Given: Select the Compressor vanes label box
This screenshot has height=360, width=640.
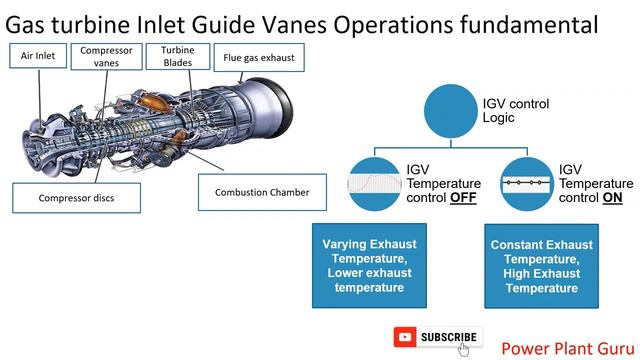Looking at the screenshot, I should (x=106, y=58).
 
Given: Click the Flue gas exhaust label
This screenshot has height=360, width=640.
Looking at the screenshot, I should (x=259, y=58).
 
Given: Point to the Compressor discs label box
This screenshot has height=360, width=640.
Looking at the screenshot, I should (x=76, y=197).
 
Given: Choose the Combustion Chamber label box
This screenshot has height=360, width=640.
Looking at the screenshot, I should (x=262, y=192).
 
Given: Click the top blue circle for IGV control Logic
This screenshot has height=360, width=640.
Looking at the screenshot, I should (x=460, y=111).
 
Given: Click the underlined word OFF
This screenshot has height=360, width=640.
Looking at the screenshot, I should (x=463, y=198).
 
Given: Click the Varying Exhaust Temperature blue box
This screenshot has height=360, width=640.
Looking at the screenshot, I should (x=369, y=265).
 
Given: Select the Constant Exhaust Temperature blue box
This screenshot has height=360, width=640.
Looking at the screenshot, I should (x=541, y=265).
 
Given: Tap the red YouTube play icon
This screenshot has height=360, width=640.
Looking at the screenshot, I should (x=406, y=338).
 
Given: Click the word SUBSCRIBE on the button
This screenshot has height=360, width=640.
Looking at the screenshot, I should (x=449, y=338).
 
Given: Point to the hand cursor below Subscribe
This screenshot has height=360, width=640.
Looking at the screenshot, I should (x=464, y=350).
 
